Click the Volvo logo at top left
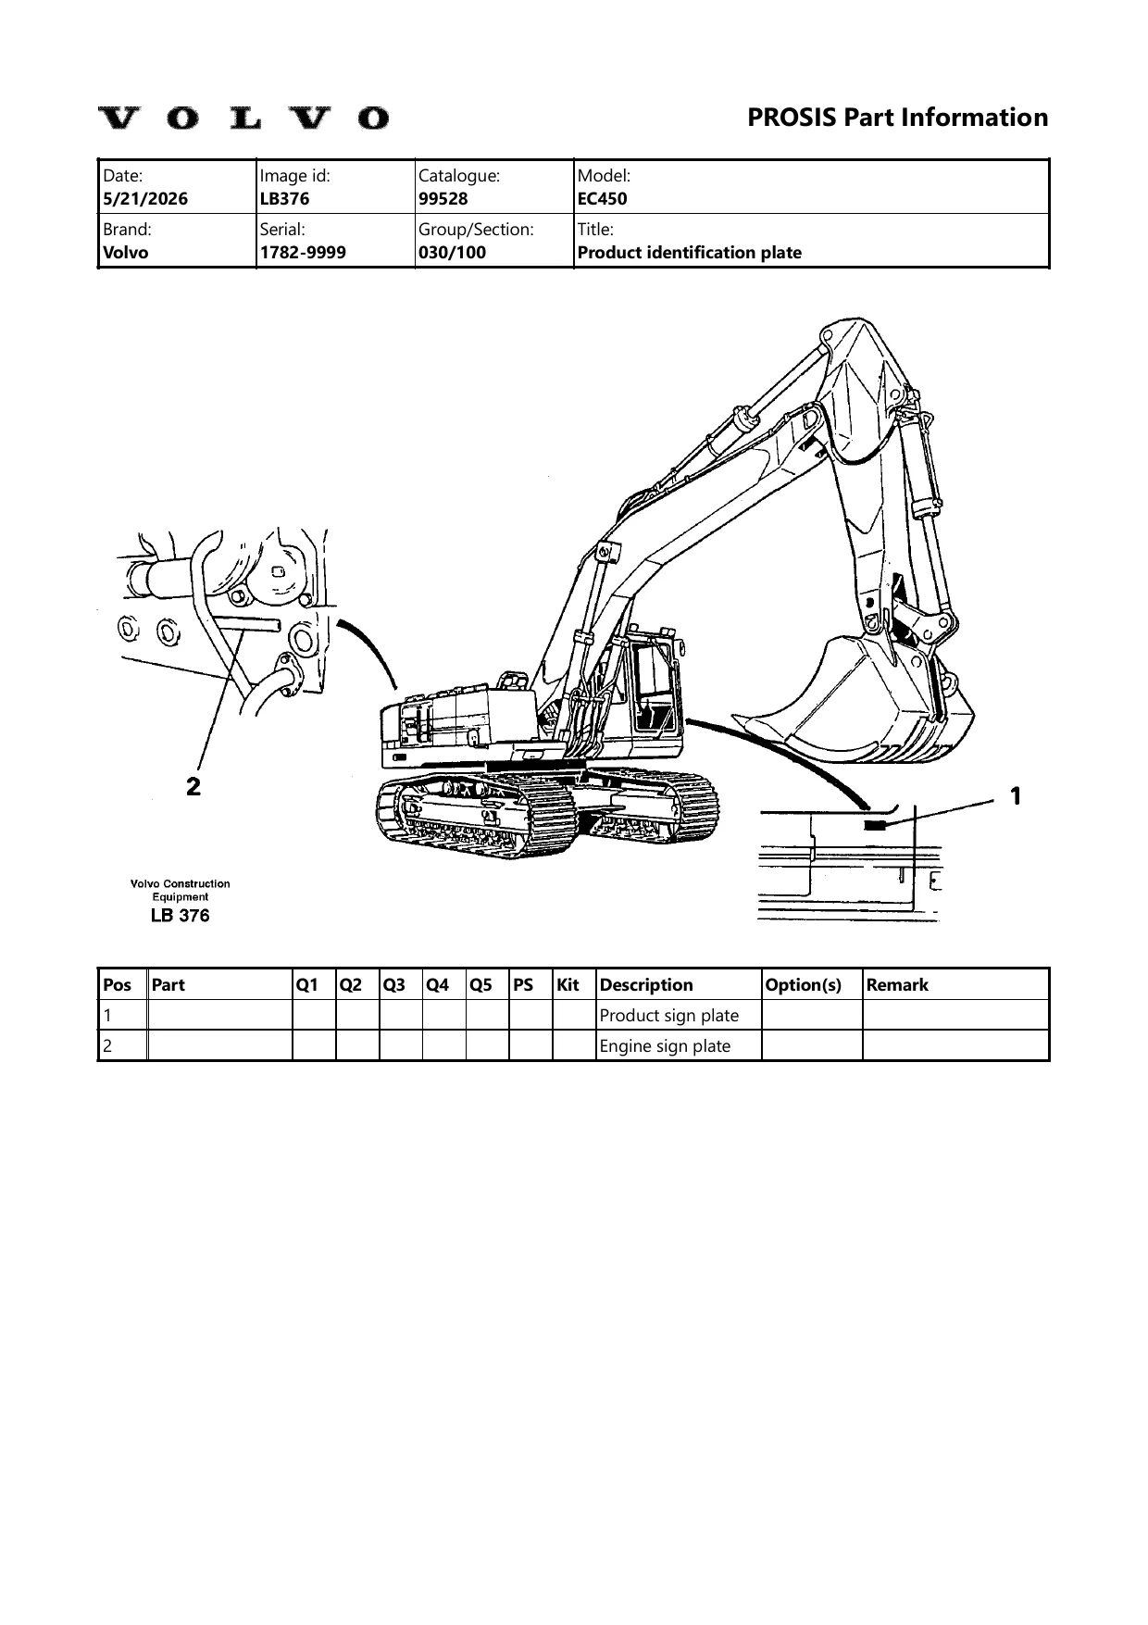[244, 118]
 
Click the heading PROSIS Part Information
[897, 118]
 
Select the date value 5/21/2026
[145, 198]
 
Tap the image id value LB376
[285, 198]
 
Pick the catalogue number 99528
[443, 198]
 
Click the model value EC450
[602, 198]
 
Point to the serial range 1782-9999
[304, 252]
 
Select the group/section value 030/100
[453, 252]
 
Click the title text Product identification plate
[690, 252]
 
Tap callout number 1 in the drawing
[1016, 795]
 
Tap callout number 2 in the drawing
[193, 787]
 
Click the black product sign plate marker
[875, 826]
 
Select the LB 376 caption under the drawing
[180, 915]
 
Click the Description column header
[646, 984]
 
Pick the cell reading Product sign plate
[669, 1015]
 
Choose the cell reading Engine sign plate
[666, 1045]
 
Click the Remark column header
[897, 984]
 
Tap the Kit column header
[568, 984]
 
